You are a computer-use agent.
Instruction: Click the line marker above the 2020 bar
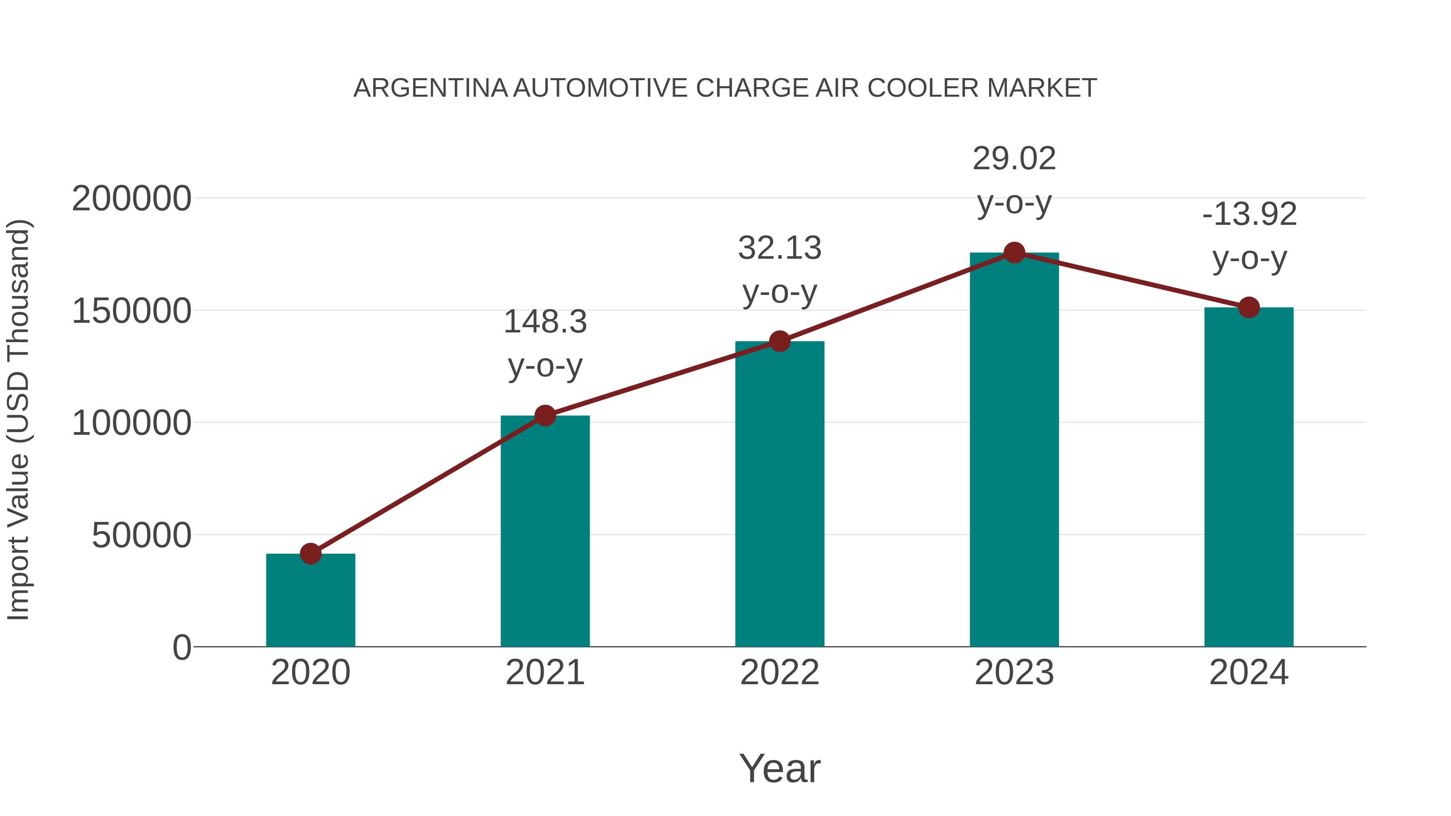pyautogui.click(x=310, y=554)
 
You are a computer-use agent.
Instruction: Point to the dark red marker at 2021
pyautogui.click(x=545, y=416)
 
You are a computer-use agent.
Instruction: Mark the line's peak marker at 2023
pyautogui.click(x=1014, y=253)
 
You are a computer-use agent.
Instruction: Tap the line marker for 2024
pyautogui.click(x=1249, y=307)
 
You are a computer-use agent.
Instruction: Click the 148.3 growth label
pyautogui.click(x=545, y=322)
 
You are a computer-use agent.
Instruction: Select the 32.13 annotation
pyautogui.click(x=780, y=248)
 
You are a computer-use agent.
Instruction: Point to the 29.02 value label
pyautogui.click(x=1014, y=159)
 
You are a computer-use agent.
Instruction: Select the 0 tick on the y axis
pyautogui.click(x=182, y=647)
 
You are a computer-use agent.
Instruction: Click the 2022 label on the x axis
pyautogui.click(x=780, y=673)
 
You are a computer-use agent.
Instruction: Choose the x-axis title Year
pyautogui.click(x=780, y=768)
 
